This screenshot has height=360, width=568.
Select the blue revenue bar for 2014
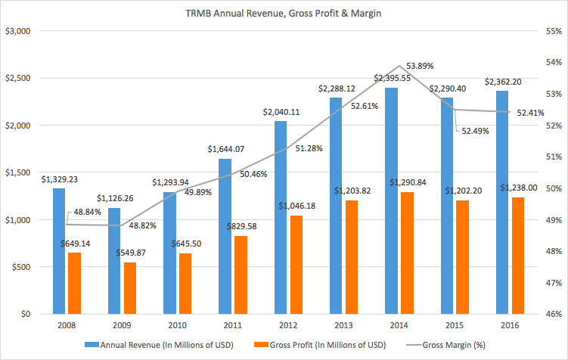click(391, 200)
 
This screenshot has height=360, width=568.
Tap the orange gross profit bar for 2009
click(130, 288)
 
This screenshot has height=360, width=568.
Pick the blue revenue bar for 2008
click(59, 251)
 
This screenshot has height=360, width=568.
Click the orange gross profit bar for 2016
click(518, 256)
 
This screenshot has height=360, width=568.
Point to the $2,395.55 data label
click(393, 78)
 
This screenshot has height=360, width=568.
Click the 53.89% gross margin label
click(420, 66)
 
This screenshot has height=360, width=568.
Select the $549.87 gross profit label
click(131, 253)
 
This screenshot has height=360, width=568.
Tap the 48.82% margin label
click(143, 225)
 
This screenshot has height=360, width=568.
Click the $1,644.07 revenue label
click(226, 149)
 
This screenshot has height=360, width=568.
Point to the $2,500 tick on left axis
click(17, 78)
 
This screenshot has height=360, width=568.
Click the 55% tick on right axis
click(554, 31)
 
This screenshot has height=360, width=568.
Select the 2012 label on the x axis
click(288, 325)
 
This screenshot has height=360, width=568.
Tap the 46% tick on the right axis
click(554, 314)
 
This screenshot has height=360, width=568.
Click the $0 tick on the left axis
click(26, 314)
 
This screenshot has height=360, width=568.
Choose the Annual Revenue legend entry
click(159, 345)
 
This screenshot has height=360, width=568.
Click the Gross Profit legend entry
click(320, 345)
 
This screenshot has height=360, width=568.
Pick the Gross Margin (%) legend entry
click(446, 345)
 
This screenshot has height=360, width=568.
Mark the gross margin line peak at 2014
click(399, 66)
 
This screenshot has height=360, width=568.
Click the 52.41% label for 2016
click(531, 113)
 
